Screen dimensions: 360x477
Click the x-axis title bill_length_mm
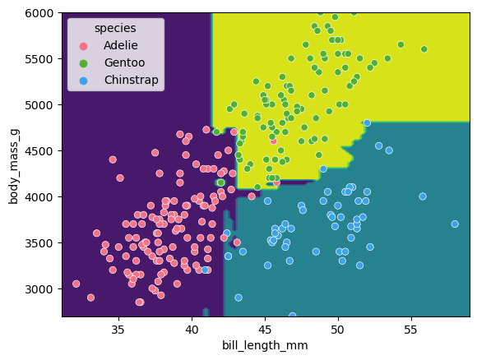pyautogui.click(x=266, y=345)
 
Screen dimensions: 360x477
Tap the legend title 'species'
pyautogui.click(x=115, y=28)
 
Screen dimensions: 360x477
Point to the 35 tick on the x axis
pyautogui.click(x=118, y=328)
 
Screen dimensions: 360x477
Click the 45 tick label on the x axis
pyautogui.click(x=265, y=328)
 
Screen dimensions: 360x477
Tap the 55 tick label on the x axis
pyautogui.click(x=411, y=328)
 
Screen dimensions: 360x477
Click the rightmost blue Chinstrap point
pyautogui.click(x=455, y=224)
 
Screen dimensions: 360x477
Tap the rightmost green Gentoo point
pyautogui.click(x=424, y=49)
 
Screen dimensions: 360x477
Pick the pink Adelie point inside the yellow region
pyautogui.click(x=274, y=141)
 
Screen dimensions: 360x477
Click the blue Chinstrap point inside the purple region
pyautogui.click(x=205, y=270)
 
